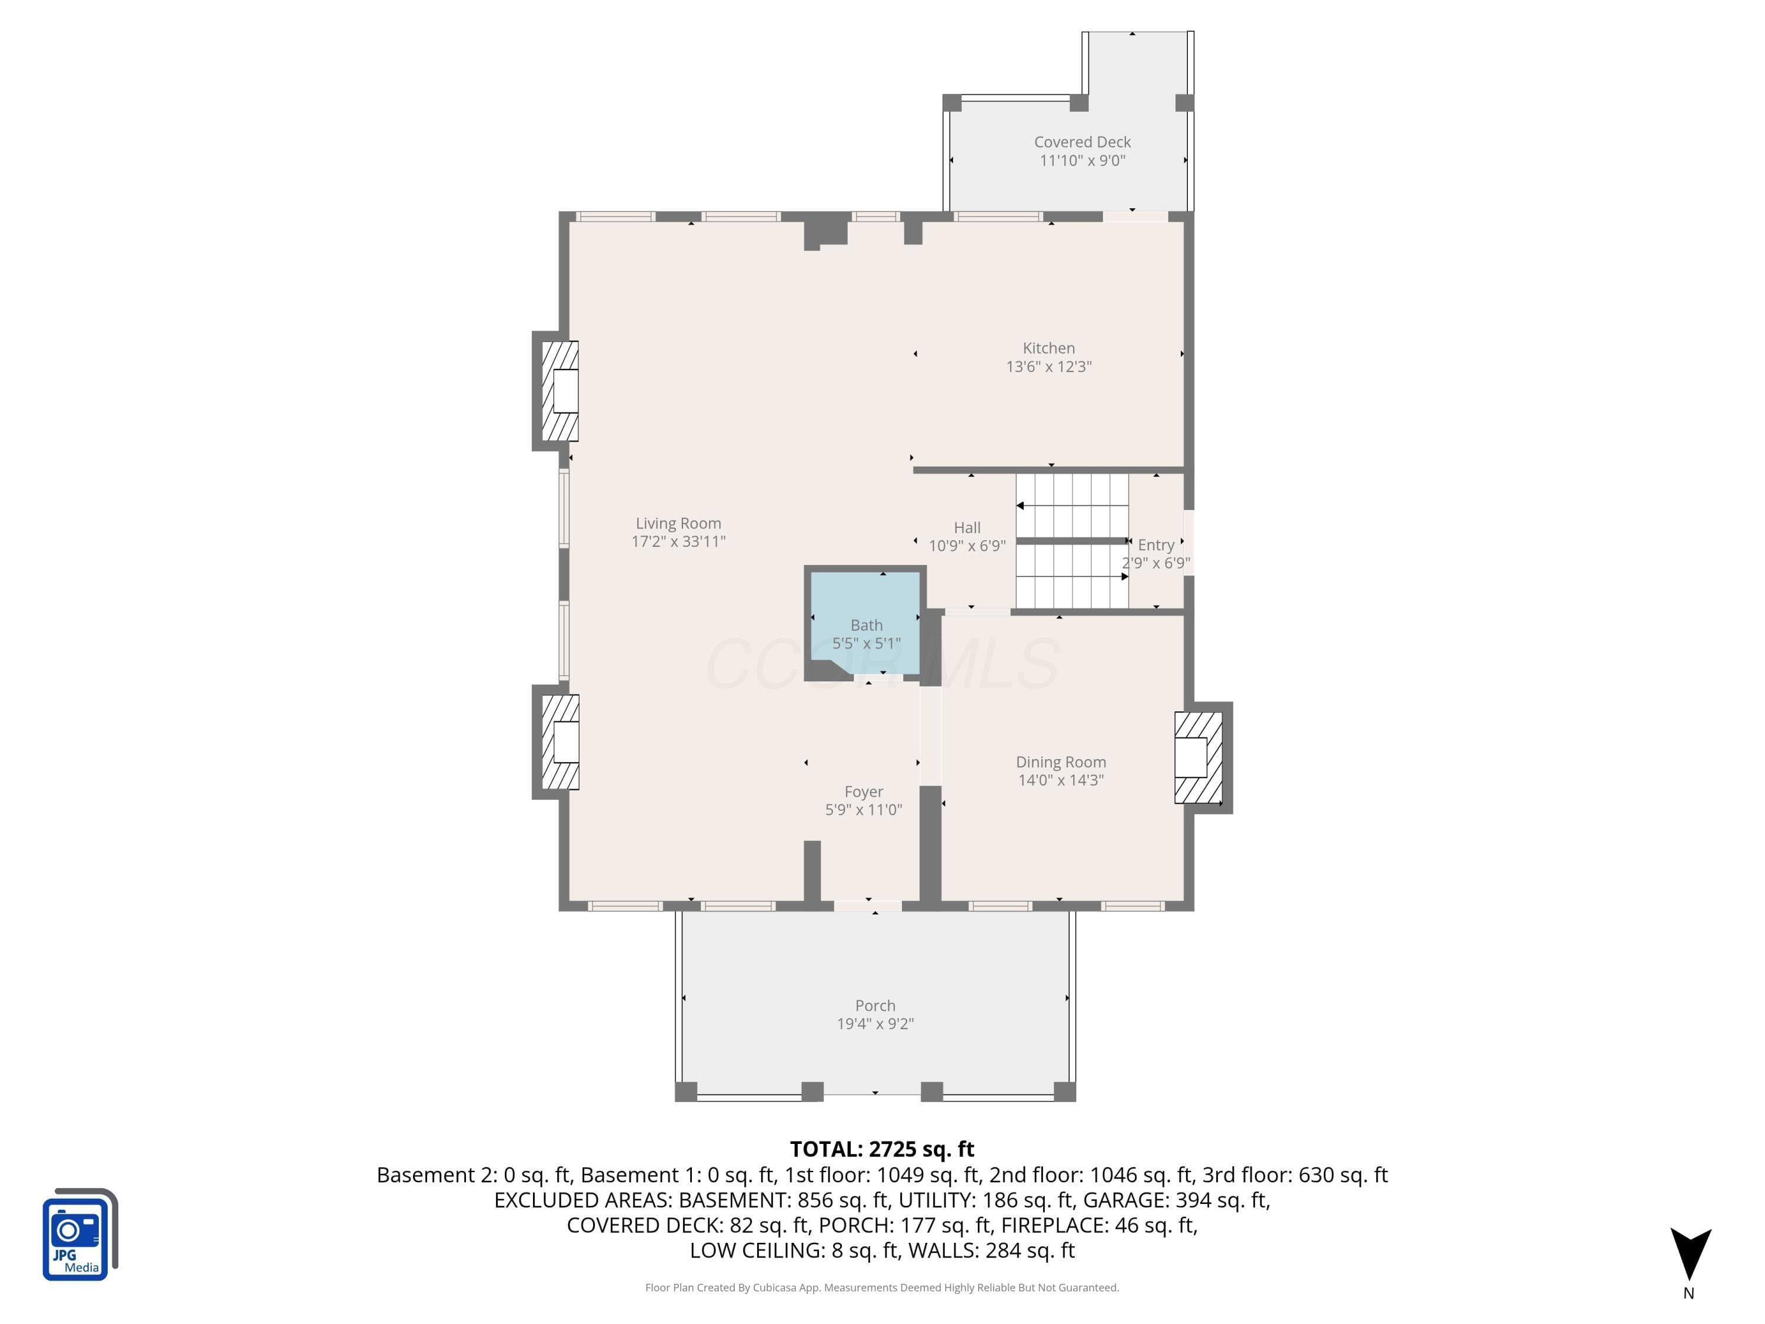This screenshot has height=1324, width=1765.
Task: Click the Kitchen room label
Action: pyautogui.click(x=1048, y=348)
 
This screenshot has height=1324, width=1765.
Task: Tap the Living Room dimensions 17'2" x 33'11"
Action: pyautogui.click(x=678, y=541)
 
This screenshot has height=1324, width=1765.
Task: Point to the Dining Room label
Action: pyautogui.click(x=1060, y=762)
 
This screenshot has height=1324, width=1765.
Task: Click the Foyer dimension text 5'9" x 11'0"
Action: pyautogui.click(x=863, y=809)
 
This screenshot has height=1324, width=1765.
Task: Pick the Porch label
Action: pyautogui.click(x=875, y=1006)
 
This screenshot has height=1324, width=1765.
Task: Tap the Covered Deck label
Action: pyautogui.click(x=1082, y=142)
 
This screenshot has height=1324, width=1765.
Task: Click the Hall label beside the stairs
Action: pyautogui.click(x=967, y=527)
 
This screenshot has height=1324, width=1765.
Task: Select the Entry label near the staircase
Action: pyautogui.click(x=1155, y=545)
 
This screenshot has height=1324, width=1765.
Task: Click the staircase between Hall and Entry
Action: pyautogui.click(x=1073, y=540)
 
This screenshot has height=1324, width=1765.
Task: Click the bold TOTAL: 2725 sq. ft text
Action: pyautogui.click(x=882, y=1149)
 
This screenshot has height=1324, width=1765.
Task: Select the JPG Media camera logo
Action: pyautogui.click(x=80, y=1234)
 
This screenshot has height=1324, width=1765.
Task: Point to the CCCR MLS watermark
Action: pyautogui.click(x=882, y=664)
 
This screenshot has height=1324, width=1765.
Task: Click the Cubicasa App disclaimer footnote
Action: pyautogui.click(x=882, y=1288)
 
